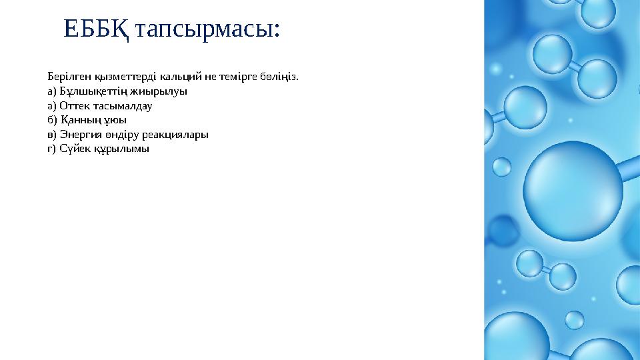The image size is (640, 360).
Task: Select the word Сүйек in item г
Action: coord(72,149)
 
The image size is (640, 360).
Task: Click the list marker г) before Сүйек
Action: coord(52,149)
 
